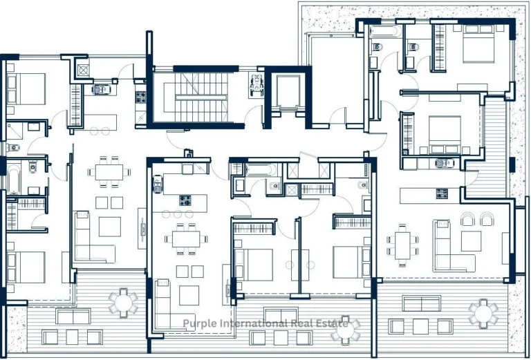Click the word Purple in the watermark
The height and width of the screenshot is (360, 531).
199,323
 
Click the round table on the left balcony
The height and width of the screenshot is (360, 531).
124,302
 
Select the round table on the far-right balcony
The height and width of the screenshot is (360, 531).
483,313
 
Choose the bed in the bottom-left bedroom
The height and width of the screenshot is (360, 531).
24,266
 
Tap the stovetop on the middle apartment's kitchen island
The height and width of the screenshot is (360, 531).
186,201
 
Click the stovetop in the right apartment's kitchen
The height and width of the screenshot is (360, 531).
442,193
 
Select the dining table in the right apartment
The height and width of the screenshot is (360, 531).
402,243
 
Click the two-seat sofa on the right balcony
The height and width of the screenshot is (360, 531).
421,303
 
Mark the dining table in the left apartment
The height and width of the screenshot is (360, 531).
109,171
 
